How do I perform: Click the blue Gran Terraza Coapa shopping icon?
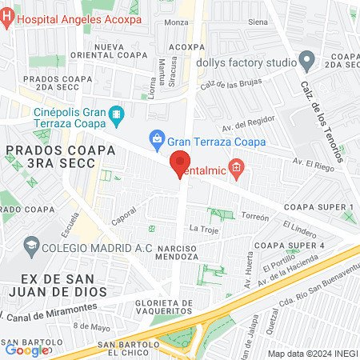158,138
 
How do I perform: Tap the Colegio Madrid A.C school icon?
32,245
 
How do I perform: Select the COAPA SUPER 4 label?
289,244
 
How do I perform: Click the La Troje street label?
203,230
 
